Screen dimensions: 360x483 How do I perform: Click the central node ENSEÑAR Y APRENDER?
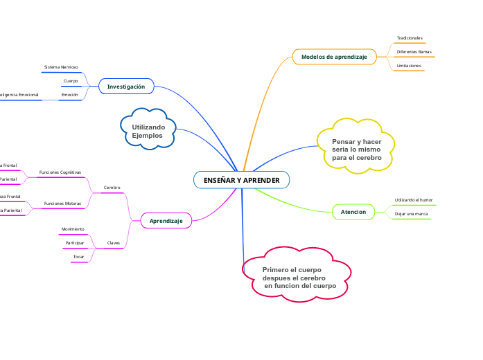(241, 180)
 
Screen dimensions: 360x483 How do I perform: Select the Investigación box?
(126, 87)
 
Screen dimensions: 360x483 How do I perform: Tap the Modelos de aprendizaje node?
(334, 56)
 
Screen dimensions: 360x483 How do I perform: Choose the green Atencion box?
(353, 211)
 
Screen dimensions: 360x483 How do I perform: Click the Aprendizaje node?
(166, 221)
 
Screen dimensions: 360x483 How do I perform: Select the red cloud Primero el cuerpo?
(297, 277)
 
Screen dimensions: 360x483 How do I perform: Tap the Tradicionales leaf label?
(410, 38)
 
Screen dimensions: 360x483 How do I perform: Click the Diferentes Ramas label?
(414, 52)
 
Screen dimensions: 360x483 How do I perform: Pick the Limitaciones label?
(409, 65)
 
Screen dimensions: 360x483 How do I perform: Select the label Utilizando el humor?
(414, 200)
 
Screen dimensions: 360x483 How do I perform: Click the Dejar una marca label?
(411, 214)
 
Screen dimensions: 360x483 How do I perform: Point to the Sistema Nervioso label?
(61, 67)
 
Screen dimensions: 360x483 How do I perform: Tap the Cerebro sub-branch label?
(112, 188)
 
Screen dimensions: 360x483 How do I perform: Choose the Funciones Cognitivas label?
(60, 172)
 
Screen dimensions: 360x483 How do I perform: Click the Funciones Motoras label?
(62, 204)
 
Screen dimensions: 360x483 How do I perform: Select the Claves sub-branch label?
(113, 243)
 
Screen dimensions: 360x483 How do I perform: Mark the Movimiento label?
(73, 229)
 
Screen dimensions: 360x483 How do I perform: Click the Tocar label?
(78, 257)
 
